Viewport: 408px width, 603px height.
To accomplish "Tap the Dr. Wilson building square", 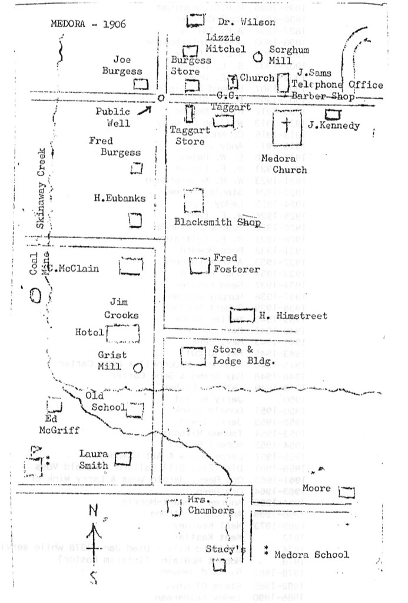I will point(194,21).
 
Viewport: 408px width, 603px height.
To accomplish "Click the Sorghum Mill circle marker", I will point(257,58).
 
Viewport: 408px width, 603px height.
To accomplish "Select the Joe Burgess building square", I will point(140,84).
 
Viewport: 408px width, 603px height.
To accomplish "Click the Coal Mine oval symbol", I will point(36,294).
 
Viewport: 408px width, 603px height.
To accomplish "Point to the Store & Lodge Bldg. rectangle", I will point(193,355).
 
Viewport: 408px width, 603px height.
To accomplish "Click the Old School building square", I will point(135,408).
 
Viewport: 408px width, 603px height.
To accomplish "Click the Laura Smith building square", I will point(122,457).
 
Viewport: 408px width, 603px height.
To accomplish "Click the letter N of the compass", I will point(92,510).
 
